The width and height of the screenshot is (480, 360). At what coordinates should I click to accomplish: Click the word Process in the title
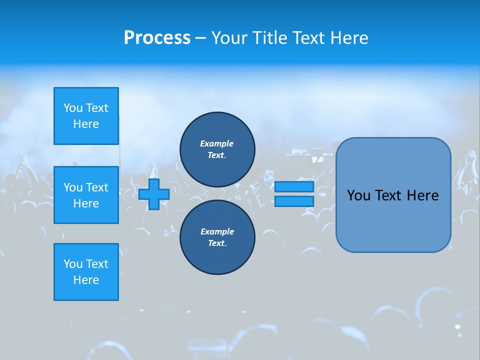pyautogui.click(x=157, y=38)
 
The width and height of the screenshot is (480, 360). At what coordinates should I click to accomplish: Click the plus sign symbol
pyautogui.click(x=154, y=194)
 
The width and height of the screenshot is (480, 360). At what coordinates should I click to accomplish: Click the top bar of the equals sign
pyautogui.click(x=294, y=186)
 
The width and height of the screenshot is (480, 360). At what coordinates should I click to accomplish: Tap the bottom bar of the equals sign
pyautogui.click(x=294, y=201)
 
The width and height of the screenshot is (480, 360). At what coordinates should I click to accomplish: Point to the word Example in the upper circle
pyautogui.click(x=217, y=143)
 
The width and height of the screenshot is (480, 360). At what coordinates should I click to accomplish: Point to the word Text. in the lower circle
pyautogui.click(x=217, y=243)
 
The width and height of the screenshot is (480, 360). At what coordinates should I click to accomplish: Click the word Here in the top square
pyautogui.click(x=86, y=124)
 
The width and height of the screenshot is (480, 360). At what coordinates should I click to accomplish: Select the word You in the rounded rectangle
pyautogui.click(x=358, y=195)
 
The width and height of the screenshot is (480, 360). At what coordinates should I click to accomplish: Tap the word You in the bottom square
pyautogui.click(x=73, y=264)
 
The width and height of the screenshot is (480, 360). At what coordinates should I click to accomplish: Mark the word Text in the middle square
pyautogui.click(x=97, y=187)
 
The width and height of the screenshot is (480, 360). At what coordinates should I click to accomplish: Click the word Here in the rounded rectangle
pyautogui.click(x=422, y=195)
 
